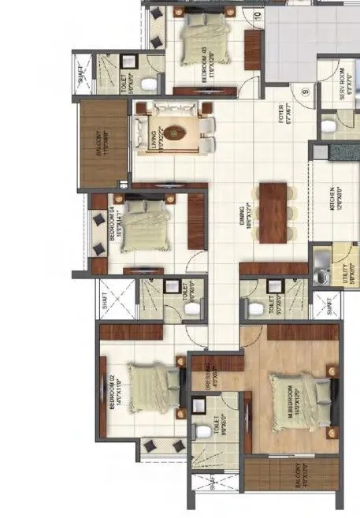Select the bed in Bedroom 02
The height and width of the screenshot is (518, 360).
150,386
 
